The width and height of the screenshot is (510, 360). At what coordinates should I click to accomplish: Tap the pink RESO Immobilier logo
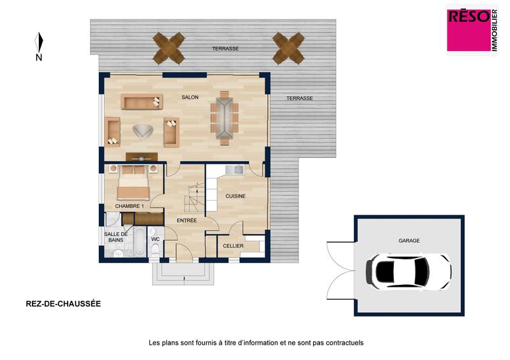pyautogui.click(x=471, y=30)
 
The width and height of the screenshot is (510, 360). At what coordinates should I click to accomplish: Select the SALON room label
pyautogui.click(x=190, y=97)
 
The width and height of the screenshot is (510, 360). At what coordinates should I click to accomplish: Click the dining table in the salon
pyautogui.click(x=224, y=118)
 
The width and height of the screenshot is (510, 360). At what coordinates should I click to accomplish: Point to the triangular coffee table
pyautogui.click(x=142, y=132)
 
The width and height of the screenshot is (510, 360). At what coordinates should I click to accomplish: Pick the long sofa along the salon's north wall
pyautogui.click(x=142, y=102)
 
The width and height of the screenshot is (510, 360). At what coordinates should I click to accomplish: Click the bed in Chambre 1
pyautogui.click(x=134, y=183)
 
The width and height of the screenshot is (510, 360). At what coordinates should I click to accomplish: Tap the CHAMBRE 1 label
pyautogui.click(x=129, y=206)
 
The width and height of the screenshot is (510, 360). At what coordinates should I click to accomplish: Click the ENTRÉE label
pyautogui.click(x=186, y=220)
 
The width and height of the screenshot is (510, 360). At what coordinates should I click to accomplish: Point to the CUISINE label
pyautogui.click(x=237, y=196)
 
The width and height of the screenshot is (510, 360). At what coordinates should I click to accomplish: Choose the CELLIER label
pyautogui.click(x=233, y=245)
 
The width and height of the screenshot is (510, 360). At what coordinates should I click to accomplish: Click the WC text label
pyautogui.click(x=155, y=240)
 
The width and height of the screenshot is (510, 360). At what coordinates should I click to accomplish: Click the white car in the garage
pyautogui.click(x=408, y=271)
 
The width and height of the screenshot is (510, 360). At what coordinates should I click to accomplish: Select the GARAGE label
pyautogui.click(x=409, y=241)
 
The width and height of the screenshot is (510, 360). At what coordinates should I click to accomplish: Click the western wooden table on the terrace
pyautogui.click(x=169, y=46)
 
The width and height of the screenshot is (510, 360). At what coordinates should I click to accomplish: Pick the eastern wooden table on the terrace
pyautogui.click(x=288, y=46)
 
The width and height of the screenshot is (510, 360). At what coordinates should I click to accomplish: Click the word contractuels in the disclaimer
pyautogui.click(x=344, y=343)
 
